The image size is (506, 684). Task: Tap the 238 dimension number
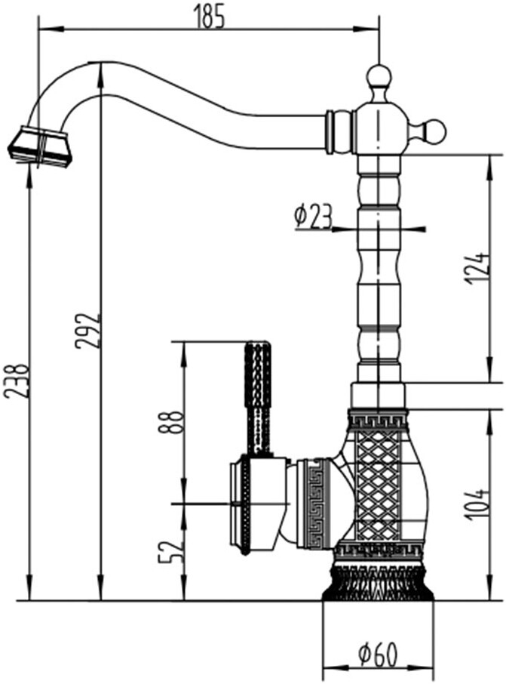pyautogui.click(x=17, y=380)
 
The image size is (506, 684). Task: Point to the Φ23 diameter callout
pyautogui.click(x=312, y=217)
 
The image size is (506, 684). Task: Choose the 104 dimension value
pyautogui.click(x=477, y=505)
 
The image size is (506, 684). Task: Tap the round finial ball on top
pyautogui.click(x=379, y=77)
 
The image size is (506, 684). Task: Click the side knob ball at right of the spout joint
pyautogui.click(x=434, y=131)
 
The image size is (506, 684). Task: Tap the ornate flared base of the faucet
pyautogui.click(x=378, y=582)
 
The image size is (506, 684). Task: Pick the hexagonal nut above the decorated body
pyautogui.click(x=379, y=396)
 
